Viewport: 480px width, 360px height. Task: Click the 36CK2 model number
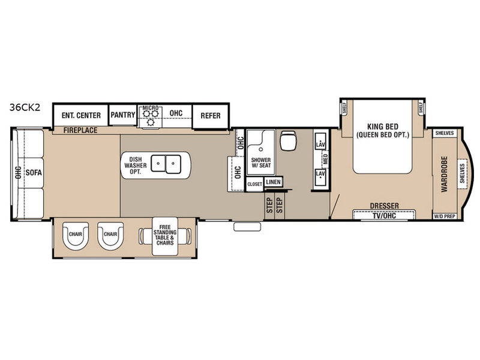[25, 107]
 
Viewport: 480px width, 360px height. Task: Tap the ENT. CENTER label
[81, 115]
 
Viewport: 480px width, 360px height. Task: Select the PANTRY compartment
[123, 115]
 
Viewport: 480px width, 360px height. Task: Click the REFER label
[211, 116]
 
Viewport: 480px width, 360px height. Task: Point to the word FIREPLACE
[80, 130]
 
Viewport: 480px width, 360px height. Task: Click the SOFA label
[34, 173]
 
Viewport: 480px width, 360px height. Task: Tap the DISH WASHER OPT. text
[136, 166]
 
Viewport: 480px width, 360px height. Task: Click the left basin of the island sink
[158, 163]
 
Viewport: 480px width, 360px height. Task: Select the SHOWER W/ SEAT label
[261, 163]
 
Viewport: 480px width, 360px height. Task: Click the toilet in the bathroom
[288, 141]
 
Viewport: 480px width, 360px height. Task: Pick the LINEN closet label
[274, 182]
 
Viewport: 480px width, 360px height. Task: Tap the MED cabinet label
[325, 159]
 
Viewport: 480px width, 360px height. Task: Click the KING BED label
[383, 127]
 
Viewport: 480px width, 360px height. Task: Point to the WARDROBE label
[444, 174]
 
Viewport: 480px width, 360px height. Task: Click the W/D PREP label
[445, 217]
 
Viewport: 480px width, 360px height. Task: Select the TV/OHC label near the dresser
[384, 216]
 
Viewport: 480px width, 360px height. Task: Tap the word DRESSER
[385, 206]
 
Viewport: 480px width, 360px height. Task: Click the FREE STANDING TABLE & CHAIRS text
[165, 235]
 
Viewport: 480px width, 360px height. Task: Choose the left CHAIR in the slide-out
[76, 235]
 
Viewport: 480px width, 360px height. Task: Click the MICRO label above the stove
[151, 108]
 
